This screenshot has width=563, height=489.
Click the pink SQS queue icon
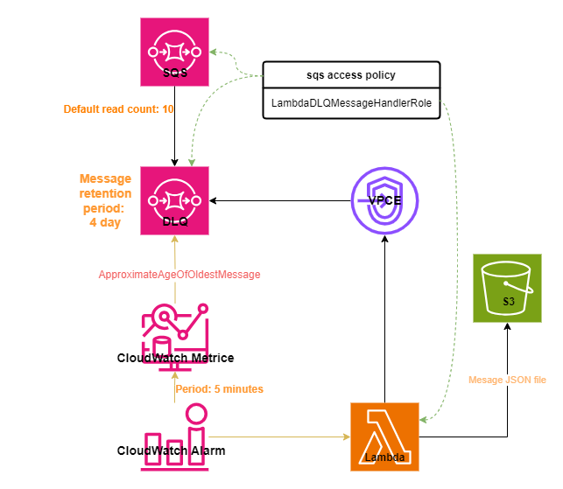click(x=174, y=52)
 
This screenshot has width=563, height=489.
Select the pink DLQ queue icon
click(x=174, y=200)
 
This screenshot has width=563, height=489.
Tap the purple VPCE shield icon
click(x=384, y=200)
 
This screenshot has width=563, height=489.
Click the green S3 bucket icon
click(x=507, y=288)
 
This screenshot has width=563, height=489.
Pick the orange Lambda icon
click(x=384, y=437)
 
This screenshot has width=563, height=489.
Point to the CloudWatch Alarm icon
click(x=174, y=437)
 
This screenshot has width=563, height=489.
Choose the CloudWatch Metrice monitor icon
click(x=175, y=338)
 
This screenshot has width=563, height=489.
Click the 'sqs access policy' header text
click(x=351, y=75)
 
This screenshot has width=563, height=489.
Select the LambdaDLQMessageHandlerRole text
click(x=351, y=103)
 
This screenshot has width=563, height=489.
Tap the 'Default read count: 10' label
click(x=118, y=109)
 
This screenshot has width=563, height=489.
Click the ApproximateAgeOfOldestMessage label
click(x=179, y=275)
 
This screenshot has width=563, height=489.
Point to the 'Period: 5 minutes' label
click(x=220, y=389)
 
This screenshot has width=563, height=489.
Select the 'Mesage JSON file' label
click(x=507, y=380)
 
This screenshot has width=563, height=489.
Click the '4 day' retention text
click(x=105, y=222)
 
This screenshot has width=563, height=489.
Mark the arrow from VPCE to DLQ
click(x=280, y=200)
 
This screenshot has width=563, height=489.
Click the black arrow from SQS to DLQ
click(x=174, y=126)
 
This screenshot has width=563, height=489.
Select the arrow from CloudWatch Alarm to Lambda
click(x=279, y=437)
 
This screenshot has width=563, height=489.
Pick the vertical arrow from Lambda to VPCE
click(x=384, y=319)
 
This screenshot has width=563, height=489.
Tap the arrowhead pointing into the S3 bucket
click(x=507, y=326)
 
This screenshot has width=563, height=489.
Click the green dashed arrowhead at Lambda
click(x=423, y=419)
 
